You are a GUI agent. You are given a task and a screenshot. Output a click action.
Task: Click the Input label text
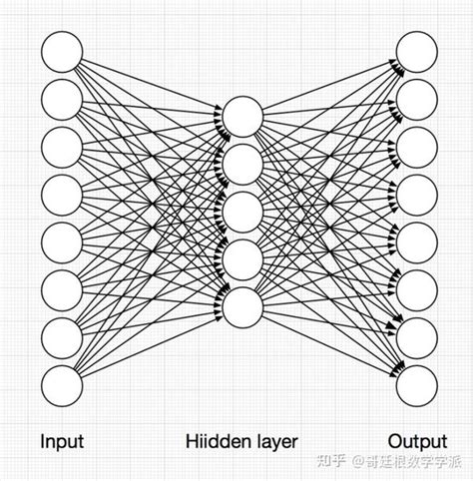(x=61, y=440)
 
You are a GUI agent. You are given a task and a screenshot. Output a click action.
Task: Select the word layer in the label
(x=274, y=440)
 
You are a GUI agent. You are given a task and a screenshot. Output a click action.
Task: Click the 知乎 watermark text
(x=331, y=460)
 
